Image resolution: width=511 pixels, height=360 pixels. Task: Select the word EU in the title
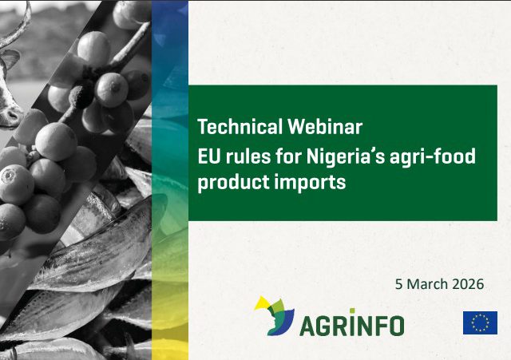(x=208, y=156)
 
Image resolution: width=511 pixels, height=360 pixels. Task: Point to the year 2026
(x=469, y=284)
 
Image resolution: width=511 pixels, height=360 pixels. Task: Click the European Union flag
(x=480, y=322)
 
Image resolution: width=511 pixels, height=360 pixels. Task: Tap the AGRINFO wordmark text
(x=352, y=326)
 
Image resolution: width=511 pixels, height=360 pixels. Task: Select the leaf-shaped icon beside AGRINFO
(x=274, y=315)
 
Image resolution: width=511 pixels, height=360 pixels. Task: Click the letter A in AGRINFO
(x=308, y=326)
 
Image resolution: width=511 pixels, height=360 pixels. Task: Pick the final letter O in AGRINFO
(x=395, y=326)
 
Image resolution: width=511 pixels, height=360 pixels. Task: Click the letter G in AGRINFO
(x=327, y=326)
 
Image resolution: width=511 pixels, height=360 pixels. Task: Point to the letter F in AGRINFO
(x=378, y=326)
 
